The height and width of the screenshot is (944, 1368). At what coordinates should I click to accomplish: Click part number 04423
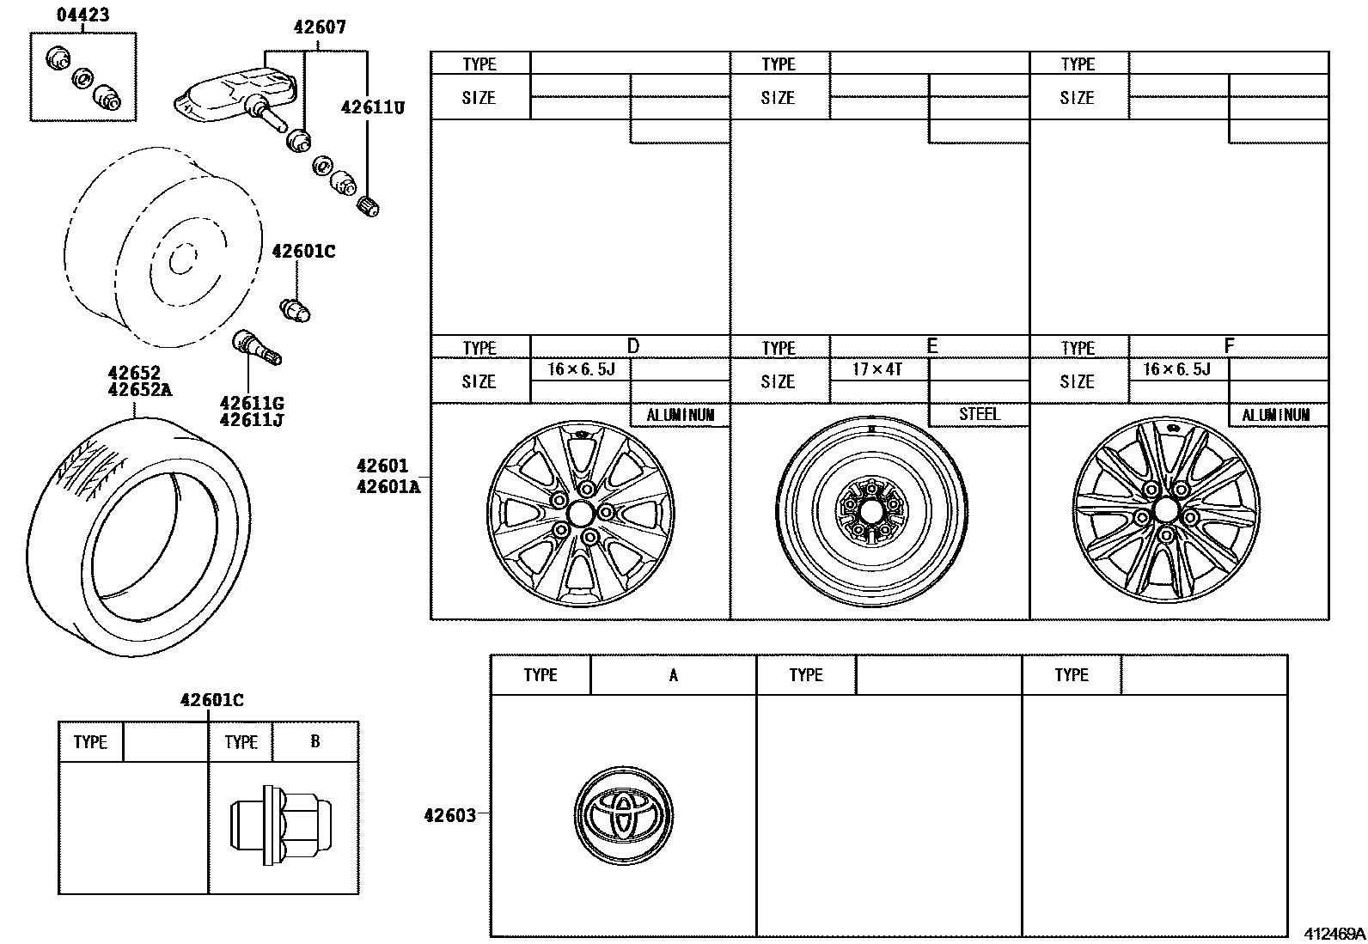coord(82,14)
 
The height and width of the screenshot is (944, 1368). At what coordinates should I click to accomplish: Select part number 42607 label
coord(319,27)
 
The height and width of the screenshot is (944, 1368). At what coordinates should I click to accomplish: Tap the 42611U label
coord(372,107)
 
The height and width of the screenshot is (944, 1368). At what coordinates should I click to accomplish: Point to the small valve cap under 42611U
coord(368,206)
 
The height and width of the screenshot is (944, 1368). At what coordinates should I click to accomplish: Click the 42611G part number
coord(251,404)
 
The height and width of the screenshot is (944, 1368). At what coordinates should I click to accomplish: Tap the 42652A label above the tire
coord(140,389)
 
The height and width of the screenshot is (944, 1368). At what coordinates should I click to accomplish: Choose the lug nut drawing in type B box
coord(281,825)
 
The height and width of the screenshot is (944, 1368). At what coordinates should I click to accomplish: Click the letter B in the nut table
coord(315,741)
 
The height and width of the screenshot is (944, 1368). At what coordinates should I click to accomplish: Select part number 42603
coord(449,815)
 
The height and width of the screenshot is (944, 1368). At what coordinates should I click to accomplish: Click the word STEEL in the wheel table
coord(979,414)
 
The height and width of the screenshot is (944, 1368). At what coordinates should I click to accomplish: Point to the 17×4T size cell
coord(877,369)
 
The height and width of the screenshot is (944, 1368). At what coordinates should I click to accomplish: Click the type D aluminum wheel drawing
coord(581,513)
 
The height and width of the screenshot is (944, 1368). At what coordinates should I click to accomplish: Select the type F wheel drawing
coord(1165,512)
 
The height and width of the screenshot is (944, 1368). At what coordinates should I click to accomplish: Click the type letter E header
coord(931,346)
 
